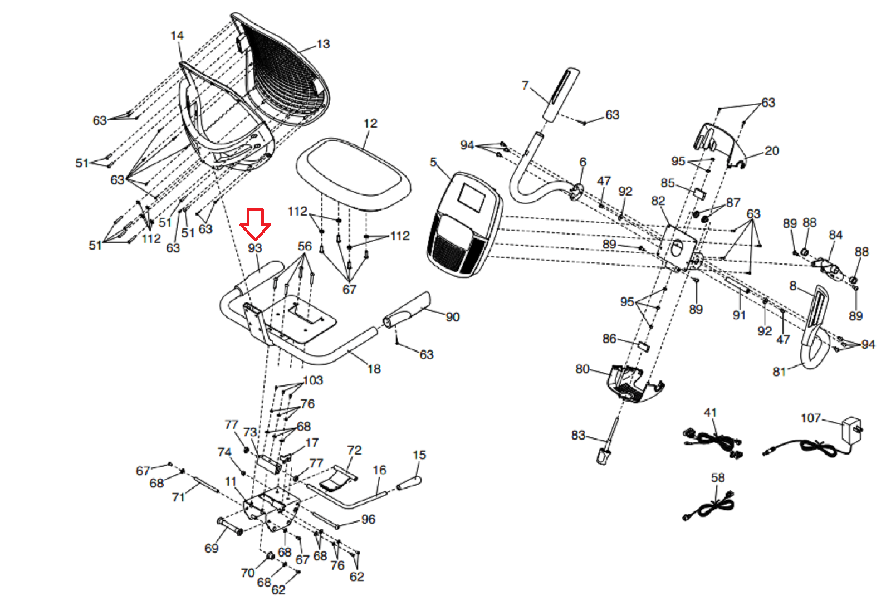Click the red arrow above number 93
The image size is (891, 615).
255,223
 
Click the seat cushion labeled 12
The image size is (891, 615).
353,173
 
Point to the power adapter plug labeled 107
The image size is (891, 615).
852,429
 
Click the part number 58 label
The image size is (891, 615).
718,477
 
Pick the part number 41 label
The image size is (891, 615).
710,413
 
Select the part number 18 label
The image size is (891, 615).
374,369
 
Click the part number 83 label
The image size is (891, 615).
578,435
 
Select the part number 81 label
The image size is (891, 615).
779,372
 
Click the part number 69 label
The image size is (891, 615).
212,548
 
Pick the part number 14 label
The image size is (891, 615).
177,36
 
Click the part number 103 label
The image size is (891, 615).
313,380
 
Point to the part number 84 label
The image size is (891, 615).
835,235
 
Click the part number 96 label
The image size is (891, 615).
368,519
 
